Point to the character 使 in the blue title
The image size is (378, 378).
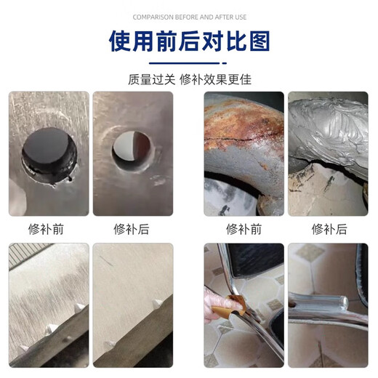click(x=122, y=41)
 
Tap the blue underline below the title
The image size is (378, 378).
click(x=189, y=63)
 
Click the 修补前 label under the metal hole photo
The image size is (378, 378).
click(x=49, y=229)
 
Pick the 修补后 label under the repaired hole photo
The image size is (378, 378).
click(x=132, y=229)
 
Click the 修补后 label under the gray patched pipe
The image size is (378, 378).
click(x=328, y=229)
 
